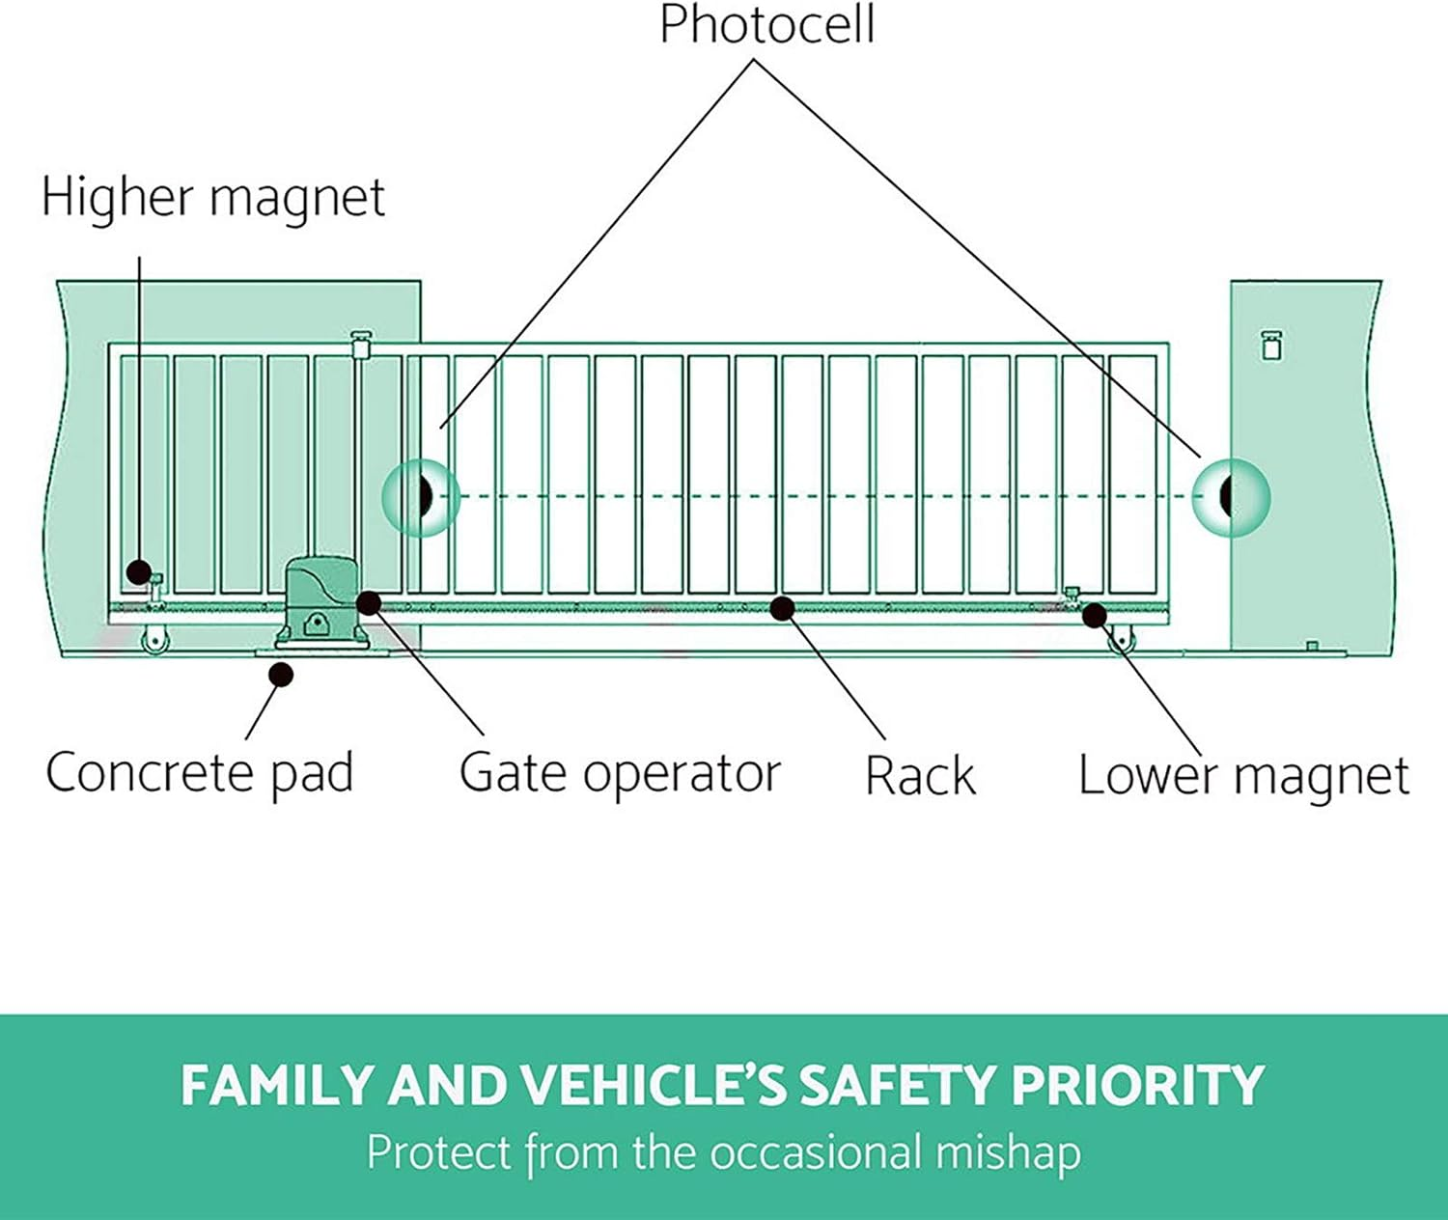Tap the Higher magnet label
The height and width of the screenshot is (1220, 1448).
[x=212, y=198]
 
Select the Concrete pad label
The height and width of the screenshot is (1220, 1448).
[x=200, y=773]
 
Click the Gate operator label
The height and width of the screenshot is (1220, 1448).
[x=620, y=773]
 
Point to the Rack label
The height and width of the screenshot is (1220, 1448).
[x=920, y=776]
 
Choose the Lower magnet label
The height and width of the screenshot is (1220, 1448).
[x=1243, y=776]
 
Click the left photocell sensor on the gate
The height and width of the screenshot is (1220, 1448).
[x=421, y=497]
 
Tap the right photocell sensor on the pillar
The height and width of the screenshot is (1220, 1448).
[x=1231, y=497]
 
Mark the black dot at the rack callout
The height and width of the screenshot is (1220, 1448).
[x=783, y=608]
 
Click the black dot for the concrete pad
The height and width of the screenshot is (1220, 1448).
[x=281, y=674]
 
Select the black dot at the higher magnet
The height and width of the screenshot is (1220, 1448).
[x=139, y=571]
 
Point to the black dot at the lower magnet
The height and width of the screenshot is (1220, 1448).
[x=1094, y=615]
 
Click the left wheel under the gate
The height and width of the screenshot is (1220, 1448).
[x=154, y=642]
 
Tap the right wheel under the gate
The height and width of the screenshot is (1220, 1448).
[x=1122, y=639]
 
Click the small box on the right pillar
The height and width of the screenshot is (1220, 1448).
[x=1271, y=345]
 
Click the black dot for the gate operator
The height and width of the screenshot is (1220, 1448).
[x=369, y=603]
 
